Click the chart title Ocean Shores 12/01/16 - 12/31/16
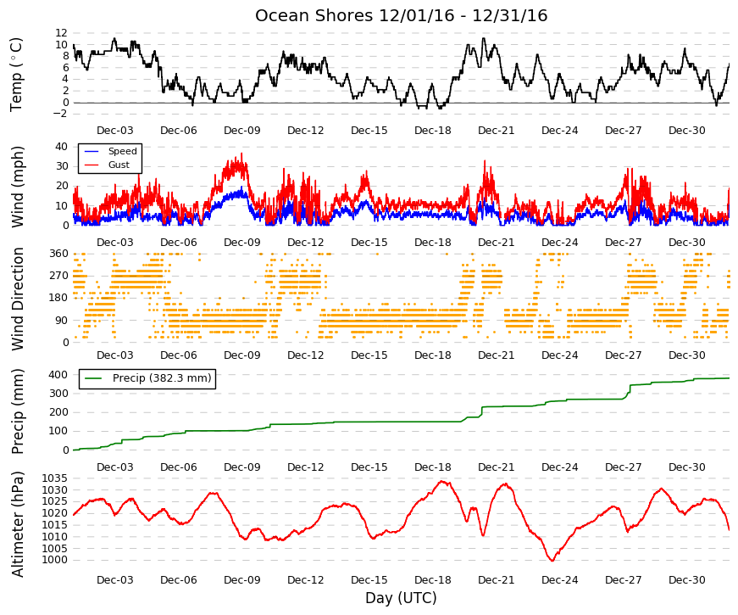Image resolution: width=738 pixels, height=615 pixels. tap(401, 15)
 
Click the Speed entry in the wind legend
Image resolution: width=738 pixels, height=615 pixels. tap(122, 151)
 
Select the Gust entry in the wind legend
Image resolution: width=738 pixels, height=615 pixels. tap(119, 165)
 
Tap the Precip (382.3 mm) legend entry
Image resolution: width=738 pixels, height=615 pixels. tap(162, 378)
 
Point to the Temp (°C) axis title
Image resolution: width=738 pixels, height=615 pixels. tap(16, 75)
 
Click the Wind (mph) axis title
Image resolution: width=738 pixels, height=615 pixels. tap(17, 187)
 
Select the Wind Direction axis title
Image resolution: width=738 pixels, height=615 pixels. tap(17, 299)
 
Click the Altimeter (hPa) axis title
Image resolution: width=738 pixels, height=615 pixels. tap(17, 524)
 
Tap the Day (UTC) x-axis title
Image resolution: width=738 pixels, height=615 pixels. tap(401, 598)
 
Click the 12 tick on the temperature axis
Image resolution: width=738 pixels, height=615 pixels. tap(62, 33)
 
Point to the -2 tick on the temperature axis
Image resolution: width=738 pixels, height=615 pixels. tap(60, 114)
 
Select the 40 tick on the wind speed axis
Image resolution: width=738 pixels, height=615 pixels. tap(62, 146)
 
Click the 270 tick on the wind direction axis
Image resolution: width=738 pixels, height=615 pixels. tap(58, 276)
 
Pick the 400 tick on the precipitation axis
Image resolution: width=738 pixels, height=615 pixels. tap(58, 375)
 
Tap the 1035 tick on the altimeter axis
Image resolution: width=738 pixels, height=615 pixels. tap(54, 478)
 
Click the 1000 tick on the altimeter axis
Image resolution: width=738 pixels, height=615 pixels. tap(54, 561)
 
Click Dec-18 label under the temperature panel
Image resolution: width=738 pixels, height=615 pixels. tap(432, 131)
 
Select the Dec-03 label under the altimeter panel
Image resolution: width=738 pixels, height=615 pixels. tap(115, 580)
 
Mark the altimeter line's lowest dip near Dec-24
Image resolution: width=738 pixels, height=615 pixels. tap(552, 561)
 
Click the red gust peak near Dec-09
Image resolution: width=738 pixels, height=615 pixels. tap(242, 154)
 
